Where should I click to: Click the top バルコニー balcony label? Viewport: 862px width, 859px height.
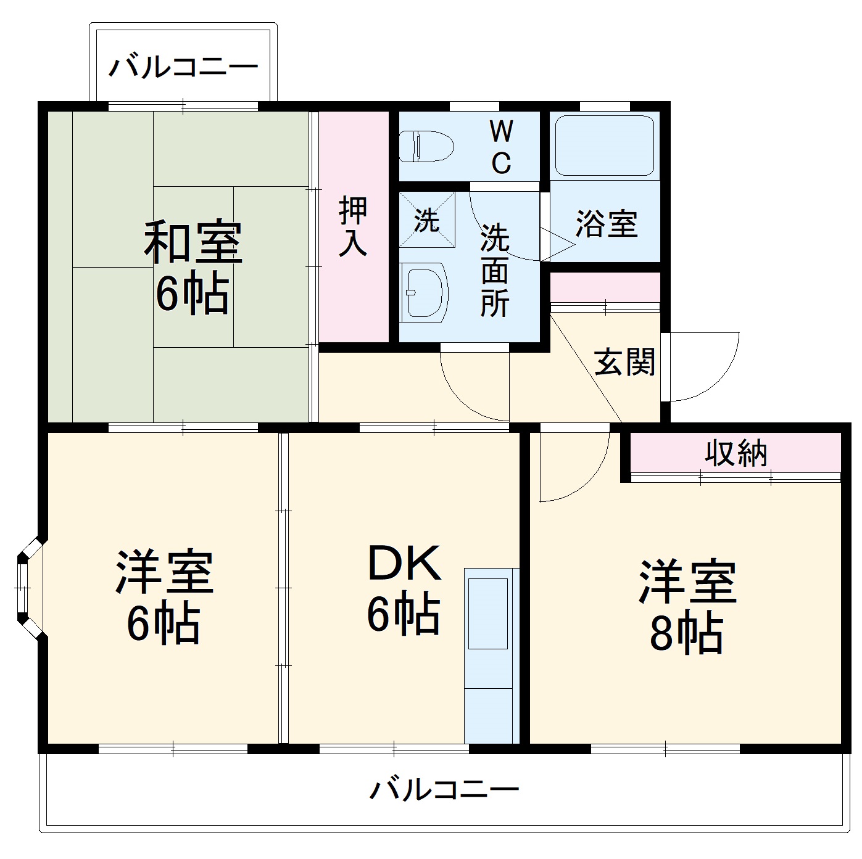pyautogui.click(x=183, y=67)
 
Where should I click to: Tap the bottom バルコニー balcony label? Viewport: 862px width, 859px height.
pyautogui.click(x=444, y=789)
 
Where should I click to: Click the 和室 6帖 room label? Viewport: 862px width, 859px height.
pyautogui.click(x=193, y=268)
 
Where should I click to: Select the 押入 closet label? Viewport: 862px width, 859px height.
pyautogui.click(x=354, y=226)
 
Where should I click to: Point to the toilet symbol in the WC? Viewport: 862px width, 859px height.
pyautogui.click(x=426, y=147)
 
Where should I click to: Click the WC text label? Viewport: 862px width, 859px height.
pyautogui.click(x=501, y=147)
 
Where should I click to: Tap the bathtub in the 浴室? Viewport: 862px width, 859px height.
pyautogui.click(x=604, y=146)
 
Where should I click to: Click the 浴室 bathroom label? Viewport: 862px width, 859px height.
pyautogui.click(x=606, y=224)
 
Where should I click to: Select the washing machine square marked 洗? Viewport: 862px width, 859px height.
pyautogui.click(x=427, y=220)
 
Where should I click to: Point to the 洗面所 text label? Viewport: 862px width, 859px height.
pyautogui.click(x=495, y=269)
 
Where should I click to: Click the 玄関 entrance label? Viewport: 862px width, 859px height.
pyautogui.click(x=624, y=362)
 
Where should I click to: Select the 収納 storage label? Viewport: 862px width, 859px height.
pyautogui.click(x=736, y=454)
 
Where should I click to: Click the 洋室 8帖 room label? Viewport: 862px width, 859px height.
pyautogui.click(x=687, y=607)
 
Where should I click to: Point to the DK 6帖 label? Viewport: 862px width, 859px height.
pyautogui.click(x=404, y=589)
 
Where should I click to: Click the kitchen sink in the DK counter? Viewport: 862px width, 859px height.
pyautogui.click(x=487, y=613)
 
